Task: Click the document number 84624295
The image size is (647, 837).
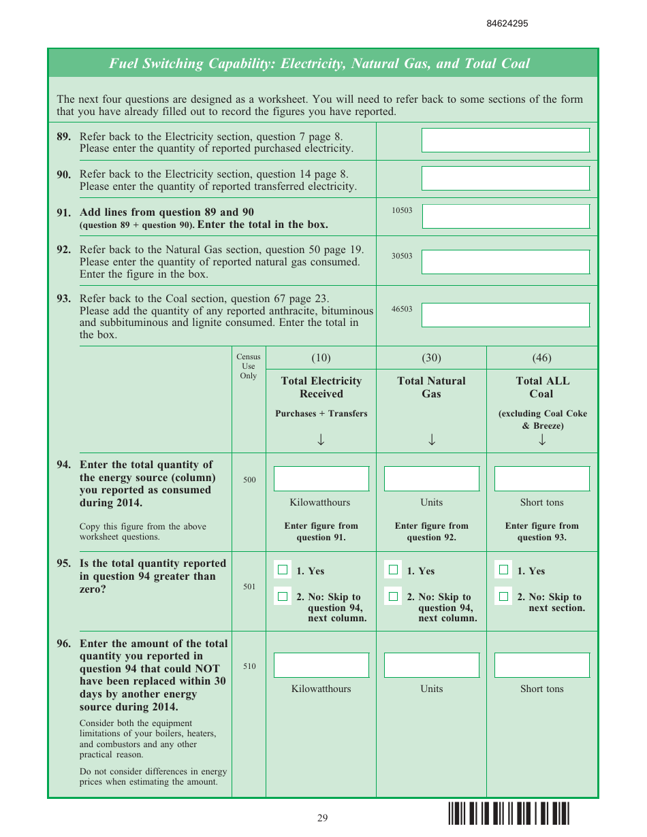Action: click(507, 24)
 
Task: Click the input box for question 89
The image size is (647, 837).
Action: click(505, 140)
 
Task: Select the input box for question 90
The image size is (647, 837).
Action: click(505, 178)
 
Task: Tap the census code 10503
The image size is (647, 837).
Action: click(402, 211)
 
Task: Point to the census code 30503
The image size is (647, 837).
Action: click(402, 257)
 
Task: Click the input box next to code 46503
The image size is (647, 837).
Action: click(505, 315)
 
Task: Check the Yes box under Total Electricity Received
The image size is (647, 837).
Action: click(283, 570)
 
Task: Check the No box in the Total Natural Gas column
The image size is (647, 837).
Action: click(393, 597)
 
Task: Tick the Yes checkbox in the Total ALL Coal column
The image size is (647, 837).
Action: click(503, 570)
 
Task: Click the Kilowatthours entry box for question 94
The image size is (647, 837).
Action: click(321, 478)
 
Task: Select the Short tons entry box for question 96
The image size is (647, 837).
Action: click(541, 665)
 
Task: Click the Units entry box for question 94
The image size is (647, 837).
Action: click(431, 478)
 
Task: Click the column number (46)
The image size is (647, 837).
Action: click(541, 358)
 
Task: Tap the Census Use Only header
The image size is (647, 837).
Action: click(249, 366)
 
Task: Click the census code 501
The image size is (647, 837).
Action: click(249, 587)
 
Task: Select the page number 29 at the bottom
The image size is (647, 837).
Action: click(322, 818)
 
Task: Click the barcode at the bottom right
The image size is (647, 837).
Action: click(508, 814)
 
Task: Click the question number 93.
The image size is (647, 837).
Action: click(63, 299)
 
